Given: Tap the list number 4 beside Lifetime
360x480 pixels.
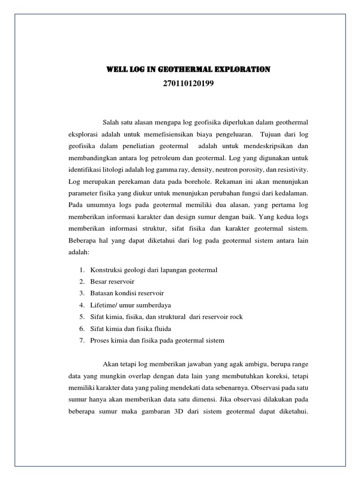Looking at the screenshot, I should pos(81,305).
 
